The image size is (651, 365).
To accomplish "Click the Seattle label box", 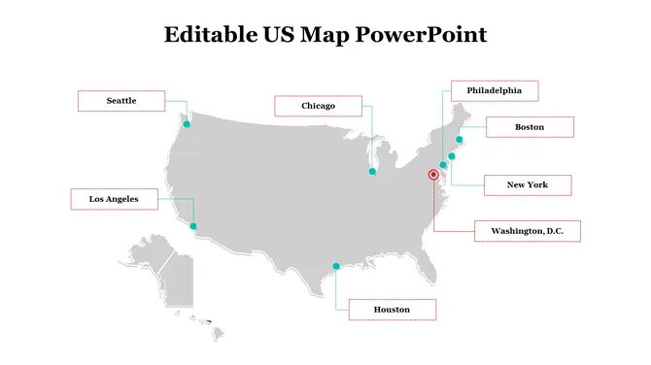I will point(121,101).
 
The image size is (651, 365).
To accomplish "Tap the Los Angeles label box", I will point(114,199).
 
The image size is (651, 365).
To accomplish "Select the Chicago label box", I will point(318,106).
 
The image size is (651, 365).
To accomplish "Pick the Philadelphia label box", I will point(495,91).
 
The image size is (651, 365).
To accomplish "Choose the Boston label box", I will point(530,127).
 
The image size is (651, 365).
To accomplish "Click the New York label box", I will point(528,184).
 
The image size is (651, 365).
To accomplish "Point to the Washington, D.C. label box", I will point(528,231).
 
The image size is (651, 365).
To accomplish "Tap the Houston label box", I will point(392,311).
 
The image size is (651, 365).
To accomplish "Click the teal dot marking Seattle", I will point(188,124).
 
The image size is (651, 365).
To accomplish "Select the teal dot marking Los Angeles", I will point(193,226).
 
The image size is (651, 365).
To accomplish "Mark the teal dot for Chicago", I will point(372,172).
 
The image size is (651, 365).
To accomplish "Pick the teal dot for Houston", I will point(336,266).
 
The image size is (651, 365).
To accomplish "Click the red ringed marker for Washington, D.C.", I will point(433,175).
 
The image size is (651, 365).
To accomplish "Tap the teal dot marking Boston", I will point(460,140).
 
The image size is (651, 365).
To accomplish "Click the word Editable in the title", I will point(197,36).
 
